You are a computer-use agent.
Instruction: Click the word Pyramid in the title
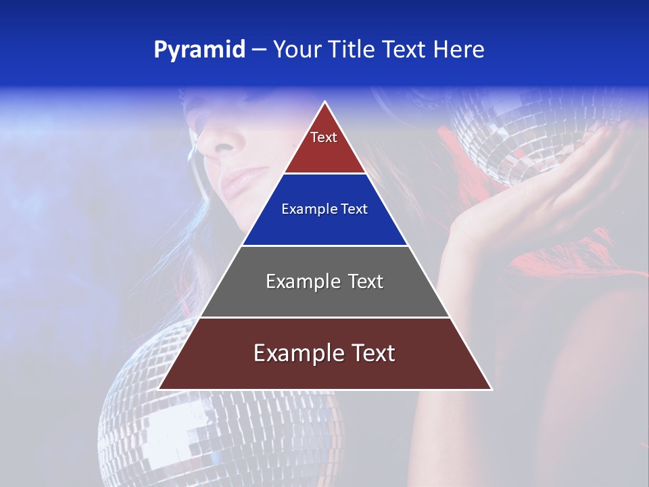tap(199, 50)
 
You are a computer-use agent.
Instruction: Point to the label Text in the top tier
tap(324, 137)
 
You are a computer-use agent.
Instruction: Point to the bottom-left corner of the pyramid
tap(160, 389)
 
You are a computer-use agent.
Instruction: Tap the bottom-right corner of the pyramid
tap(491, 389)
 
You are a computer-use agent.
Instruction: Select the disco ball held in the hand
tap(514, 135)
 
